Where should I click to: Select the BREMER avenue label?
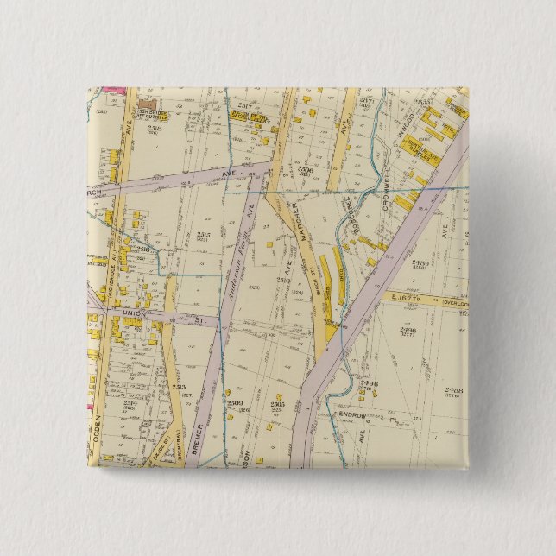(198, 436)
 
